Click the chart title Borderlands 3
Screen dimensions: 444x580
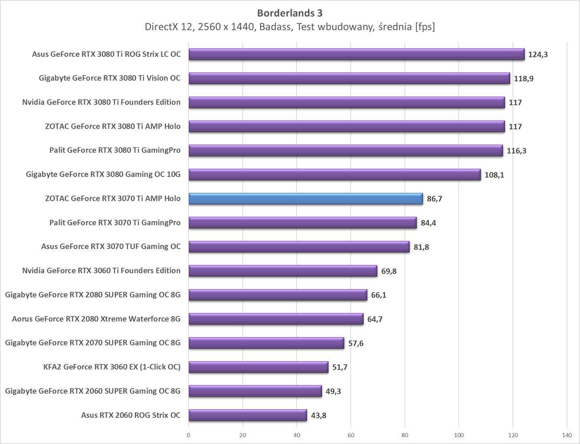290,12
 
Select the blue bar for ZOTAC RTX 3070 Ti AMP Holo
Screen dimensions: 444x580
306,198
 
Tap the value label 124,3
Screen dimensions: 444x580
538,55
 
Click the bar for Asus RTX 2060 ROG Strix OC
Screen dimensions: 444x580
247,415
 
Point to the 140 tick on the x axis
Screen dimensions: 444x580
567,435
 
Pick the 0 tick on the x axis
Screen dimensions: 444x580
189,435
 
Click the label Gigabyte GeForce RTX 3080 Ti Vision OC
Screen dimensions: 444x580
109,78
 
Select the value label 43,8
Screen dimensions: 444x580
318,416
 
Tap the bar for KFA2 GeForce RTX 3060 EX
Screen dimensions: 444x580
258,367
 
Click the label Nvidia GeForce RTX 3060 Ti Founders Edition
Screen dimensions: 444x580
101,271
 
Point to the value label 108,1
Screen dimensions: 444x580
494,175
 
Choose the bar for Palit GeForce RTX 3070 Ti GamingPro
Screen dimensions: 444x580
302,222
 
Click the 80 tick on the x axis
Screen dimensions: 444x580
405,435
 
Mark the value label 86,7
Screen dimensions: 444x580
434,199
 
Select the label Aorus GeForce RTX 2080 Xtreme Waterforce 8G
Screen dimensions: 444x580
96,319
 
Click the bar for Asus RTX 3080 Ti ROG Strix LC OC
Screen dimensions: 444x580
356,54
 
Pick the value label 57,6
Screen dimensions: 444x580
355,343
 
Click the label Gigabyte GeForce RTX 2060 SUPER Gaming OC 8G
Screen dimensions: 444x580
93,391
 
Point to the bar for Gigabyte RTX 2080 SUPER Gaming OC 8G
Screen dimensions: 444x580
278,295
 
